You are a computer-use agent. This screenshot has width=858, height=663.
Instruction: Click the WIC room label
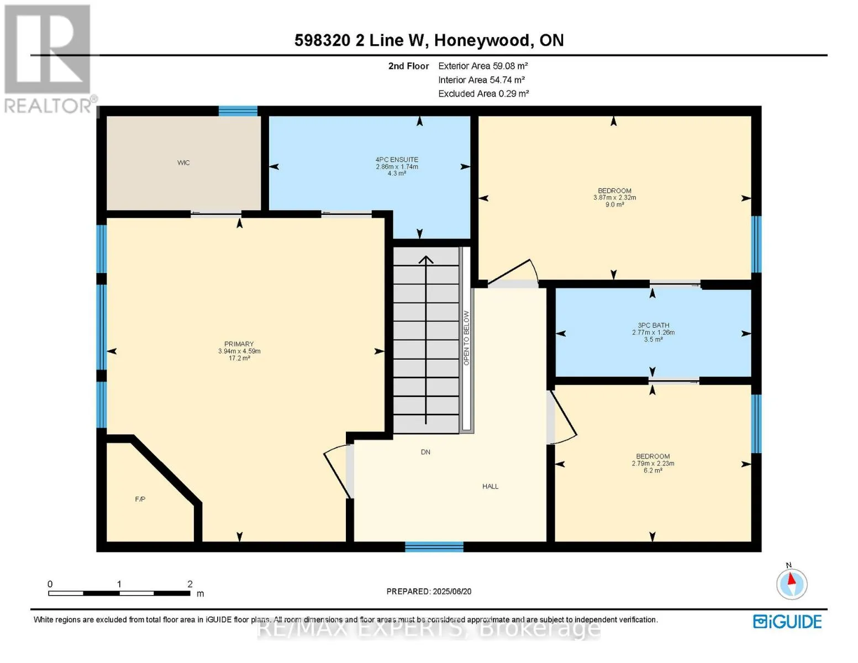coord(183,162)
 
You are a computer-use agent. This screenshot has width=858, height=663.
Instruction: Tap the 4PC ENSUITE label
coord(397,160)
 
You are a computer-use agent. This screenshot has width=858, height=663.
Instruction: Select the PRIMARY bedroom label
coord(239,344)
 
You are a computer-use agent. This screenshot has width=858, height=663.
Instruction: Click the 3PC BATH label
coord(653,325)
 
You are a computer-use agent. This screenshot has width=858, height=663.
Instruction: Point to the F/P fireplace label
coord(140,499)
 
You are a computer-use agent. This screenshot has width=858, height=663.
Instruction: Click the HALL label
coord(490,487)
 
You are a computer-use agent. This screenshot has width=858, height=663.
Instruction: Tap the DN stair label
coord(425,452)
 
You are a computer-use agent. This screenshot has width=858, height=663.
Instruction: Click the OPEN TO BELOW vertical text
coord(466,338)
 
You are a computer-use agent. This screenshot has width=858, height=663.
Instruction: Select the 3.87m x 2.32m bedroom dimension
coord(614,197)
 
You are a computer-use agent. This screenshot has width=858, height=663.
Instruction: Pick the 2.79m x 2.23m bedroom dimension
coord(652,463)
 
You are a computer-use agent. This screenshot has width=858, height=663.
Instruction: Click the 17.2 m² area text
coord(239,358)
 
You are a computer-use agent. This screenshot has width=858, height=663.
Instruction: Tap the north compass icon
coord(792,583)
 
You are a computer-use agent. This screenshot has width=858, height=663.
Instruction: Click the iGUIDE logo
coord(787,622)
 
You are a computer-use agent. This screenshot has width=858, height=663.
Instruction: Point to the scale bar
coord(119,593)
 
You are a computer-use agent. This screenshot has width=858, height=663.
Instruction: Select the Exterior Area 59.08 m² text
coord(483,66)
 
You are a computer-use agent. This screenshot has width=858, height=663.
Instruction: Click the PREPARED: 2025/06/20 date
coord(429,591)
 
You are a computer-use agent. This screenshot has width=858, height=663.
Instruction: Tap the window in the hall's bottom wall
coord(434,547)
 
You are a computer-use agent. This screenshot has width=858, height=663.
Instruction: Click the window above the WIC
coord(238,111)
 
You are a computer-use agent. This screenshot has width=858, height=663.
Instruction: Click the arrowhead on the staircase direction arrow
coord(425,260)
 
